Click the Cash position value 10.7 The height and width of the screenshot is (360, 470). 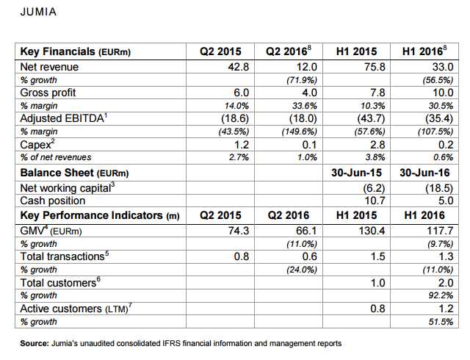coord(367,201)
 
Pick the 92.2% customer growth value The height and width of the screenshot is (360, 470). coord(436,295)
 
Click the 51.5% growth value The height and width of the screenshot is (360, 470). coord(436,322)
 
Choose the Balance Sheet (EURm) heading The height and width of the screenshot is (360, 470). coord(74,173)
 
